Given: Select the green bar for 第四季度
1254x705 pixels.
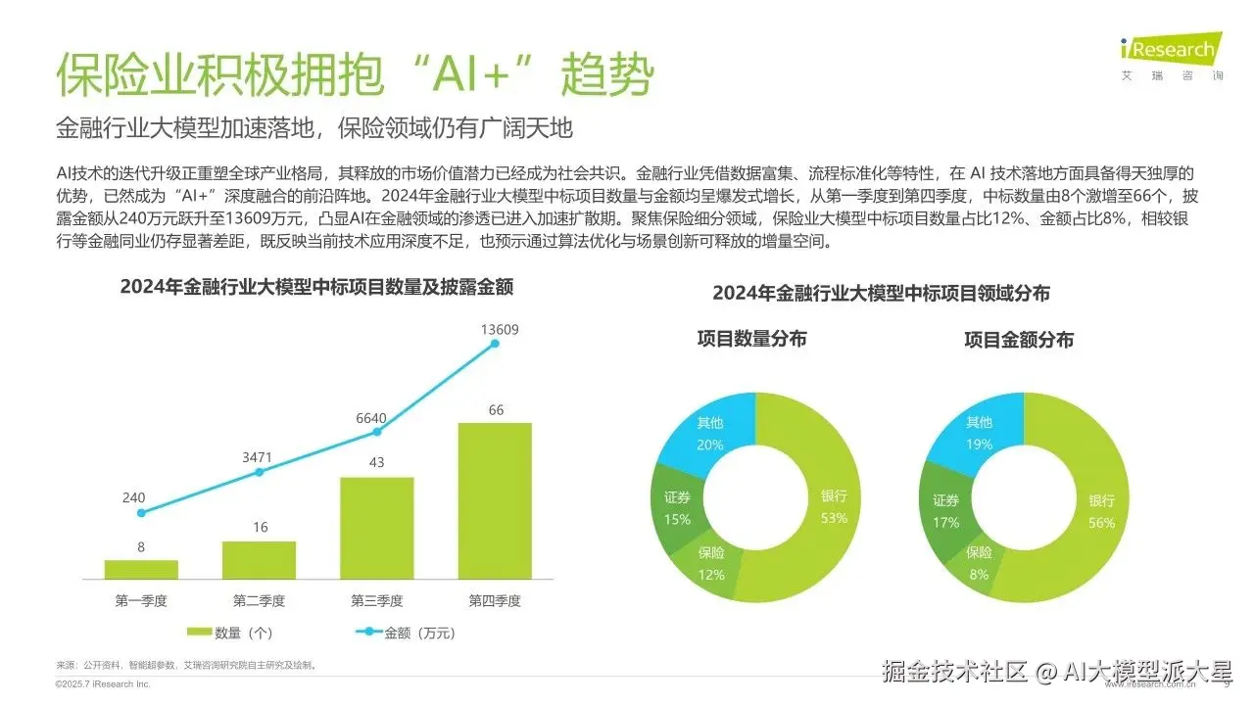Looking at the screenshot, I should pos(495,499).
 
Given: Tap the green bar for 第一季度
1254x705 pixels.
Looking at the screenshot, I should pos(141,569).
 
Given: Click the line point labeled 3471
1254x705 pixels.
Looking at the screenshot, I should pos(260,472).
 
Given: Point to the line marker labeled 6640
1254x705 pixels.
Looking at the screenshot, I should pos(377,431).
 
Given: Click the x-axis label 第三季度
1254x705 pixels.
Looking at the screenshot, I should pos(377,600).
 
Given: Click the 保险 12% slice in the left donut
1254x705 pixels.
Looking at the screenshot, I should pos(712,563).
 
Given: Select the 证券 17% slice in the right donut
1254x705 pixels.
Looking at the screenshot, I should pos(946,510).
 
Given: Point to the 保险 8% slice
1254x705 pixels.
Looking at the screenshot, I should pos(979,562).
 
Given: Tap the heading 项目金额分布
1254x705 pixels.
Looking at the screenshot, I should pos(1018,340).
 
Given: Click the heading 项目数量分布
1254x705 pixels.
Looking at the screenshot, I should pos(751,340).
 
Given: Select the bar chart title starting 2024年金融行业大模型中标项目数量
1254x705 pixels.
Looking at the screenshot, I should pos(316,287).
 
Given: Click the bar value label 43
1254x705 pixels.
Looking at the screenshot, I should pos(377,462).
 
